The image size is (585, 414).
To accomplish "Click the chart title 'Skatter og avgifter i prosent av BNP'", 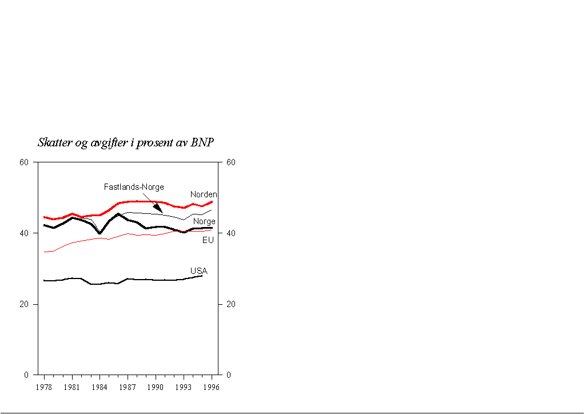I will (126, 142).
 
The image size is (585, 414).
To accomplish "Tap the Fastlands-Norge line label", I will (134, 187).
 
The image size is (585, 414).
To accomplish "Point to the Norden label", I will (204, 195).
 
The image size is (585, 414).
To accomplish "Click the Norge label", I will (204, 221).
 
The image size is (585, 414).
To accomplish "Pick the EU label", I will (208, 240).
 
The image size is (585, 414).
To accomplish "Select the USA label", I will (198, 270).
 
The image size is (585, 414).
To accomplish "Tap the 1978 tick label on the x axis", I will (44, 387).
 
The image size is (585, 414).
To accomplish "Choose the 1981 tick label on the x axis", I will (72, 387).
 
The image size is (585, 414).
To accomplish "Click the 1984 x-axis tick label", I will (100, 387).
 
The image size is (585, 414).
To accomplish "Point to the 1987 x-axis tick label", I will (128, 387).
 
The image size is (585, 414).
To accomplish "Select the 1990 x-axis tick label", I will (156, 387).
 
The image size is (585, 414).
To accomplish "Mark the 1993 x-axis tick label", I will (184, 387).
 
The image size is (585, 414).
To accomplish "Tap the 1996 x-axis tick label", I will (212, 387).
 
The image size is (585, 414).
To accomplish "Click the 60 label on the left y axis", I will (24, 162).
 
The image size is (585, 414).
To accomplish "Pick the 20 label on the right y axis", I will (230, 304).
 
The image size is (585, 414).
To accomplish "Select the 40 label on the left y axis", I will (24, 233).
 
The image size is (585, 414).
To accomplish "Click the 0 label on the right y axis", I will (229, 375).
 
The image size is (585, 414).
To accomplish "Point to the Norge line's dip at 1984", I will (100, 233).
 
